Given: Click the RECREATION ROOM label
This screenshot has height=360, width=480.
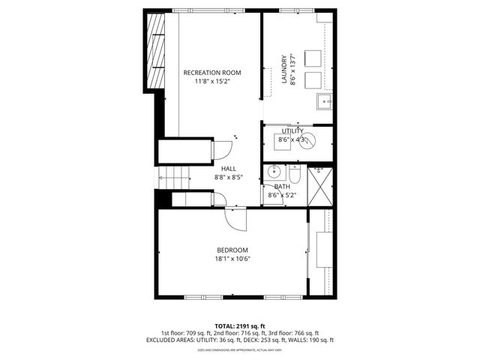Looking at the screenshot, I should (x=212, y=73).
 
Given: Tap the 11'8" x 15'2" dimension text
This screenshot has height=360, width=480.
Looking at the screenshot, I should (x=212, y=82).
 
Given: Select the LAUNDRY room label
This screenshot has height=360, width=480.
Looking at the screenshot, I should (x=284, y=69).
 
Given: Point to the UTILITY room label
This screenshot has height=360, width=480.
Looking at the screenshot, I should (x=292, y=131).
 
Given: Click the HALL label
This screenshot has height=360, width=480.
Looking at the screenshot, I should (x=228, y=169).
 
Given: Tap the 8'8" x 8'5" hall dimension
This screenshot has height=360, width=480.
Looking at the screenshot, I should (x=228, y=178).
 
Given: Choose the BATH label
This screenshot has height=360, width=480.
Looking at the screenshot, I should (x=282, y=187).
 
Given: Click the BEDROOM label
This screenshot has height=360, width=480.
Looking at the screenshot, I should (x=232, y=250).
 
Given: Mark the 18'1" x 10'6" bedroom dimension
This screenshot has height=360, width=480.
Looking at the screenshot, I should (x=232, y=259).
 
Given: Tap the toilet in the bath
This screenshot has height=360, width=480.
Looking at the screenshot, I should (x=295, y=175).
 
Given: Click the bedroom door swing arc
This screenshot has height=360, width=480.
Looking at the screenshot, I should (x=237, y=221).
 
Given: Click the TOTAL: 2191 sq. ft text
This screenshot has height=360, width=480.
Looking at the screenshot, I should (x=239, y=325).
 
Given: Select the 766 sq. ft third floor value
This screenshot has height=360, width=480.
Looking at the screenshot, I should (x=305, y=333).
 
